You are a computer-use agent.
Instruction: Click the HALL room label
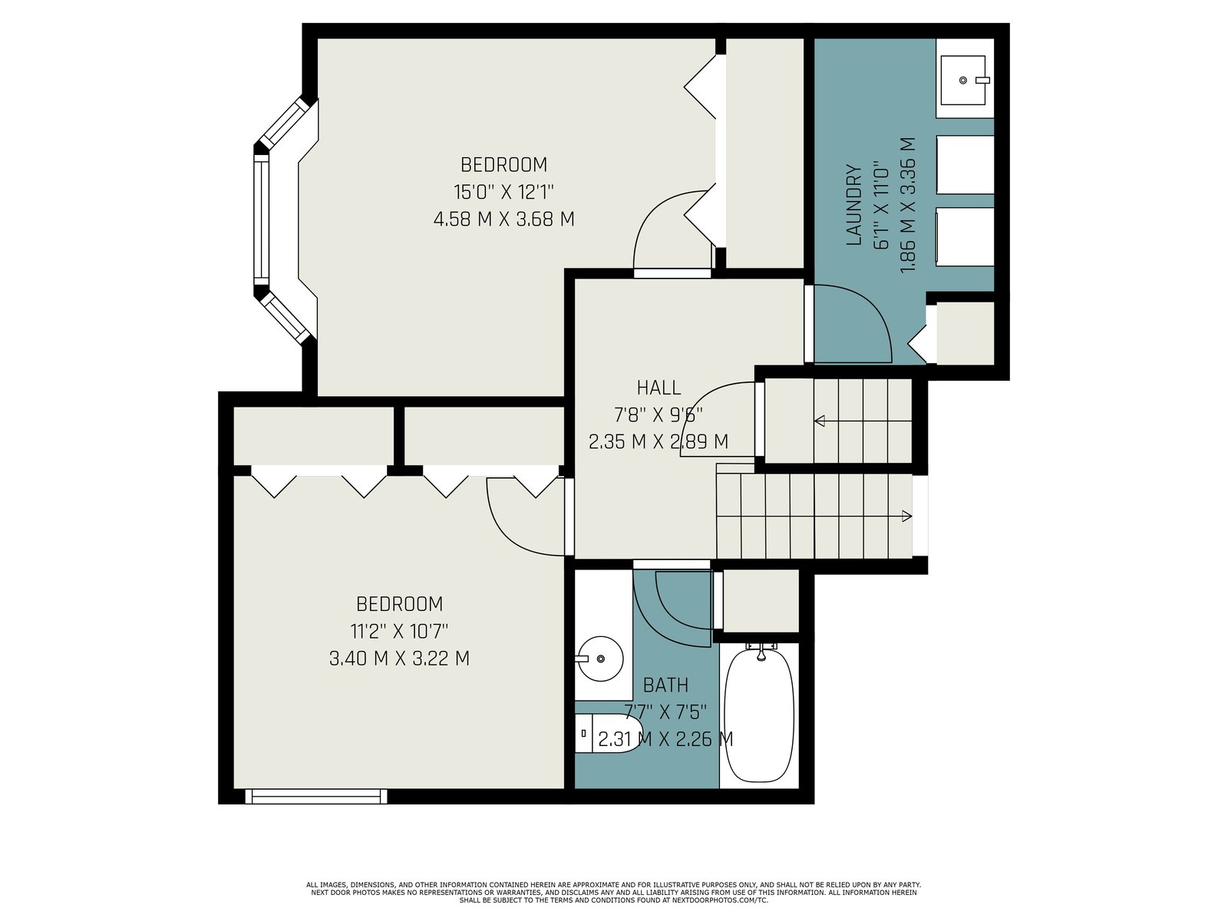point(659,388)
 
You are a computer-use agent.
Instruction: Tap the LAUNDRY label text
point(853,205)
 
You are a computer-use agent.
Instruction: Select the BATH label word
point(665,685)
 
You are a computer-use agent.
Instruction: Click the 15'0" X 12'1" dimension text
point(503,193)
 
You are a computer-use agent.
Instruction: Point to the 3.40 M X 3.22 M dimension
point(399,659)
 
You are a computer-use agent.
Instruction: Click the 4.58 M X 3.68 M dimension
point(504,219)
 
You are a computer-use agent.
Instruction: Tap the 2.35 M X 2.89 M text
point(659,442)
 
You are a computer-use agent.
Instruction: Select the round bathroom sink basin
point(600,659)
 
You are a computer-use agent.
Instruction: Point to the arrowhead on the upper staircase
point(820,421)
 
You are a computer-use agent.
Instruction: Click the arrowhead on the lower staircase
point(907,516)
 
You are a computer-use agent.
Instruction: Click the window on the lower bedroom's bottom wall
point(316,797)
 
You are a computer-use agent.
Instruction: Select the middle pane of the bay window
point(262,220)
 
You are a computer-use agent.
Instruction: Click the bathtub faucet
point(761,652)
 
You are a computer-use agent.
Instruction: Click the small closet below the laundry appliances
point(965,333)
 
